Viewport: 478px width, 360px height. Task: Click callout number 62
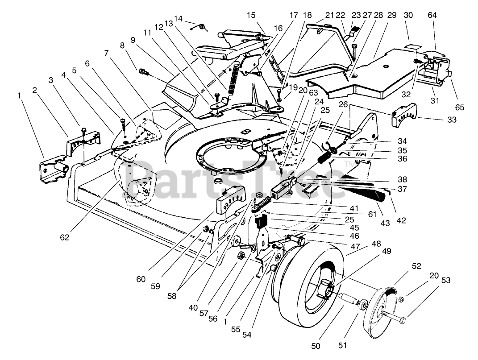[x=65, y=237]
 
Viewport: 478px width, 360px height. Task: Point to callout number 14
[x=179, y=19]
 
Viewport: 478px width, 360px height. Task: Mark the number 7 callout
[x=106, y=53]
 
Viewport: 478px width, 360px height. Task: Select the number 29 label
[x=392, y=15]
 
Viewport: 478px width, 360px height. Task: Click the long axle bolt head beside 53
[x=402, y=319]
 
